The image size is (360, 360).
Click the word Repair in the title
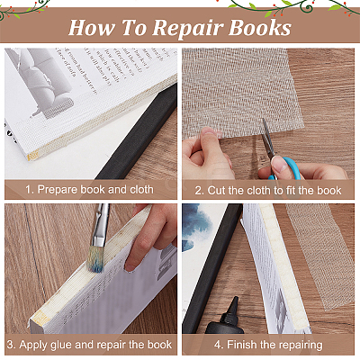(x=187, y=29)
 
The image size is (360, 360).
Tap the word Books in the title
(x=260, y=28)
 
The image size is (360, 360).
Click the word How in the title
(x=92, y=28)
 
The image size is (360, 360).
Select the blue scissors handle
(x=288, y=168)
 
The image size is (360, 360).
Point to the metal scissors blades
(x=268, y=138)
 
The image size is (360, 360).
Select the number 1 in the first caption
(x=28, y=190)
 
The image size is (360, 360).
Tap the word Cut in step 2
(x=215, y=191)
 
